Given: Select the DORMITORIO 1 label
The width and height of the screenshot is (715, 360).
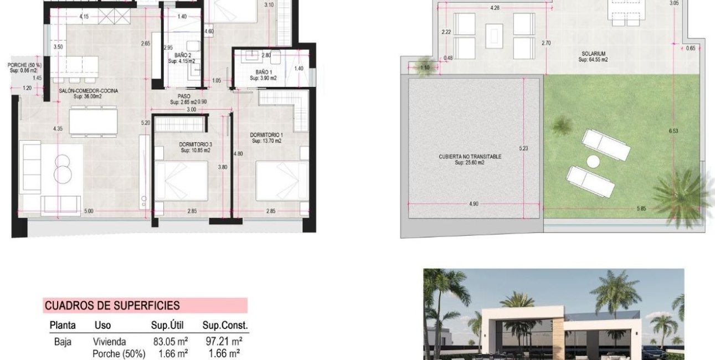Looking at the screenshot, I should (x=266, y=135).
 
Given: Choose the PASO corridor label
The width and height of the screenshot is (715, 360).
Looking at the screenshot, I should (x=184, y=96).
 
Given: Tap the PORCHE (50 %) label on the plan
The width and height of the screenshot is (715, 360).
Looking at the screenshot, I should (x=24, y=65).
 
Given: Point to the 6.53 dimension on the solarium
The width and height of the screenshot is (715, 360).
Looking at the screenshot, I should (x=673, y=131).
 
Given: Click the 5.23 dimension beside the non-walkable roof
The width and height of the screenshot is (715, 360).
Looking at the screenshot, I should (x=523, y=148).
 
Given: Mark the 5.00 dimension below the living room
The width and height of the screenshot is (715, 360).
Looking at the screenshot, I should (x=89, y=211).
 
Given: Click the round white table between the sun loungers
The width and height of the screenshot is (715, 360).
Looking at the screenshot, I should (x=593, y=162).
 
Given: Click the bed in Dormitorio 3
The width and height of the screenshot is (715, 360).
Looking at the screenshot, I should (x=181, y=181).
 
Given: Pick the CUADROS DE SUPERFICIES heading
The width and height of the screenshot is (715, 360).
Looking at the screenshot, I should (x=112, y=305).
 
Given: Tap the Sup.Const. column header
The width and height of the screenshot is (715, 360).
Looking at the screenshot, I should (x=225, y=325).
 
